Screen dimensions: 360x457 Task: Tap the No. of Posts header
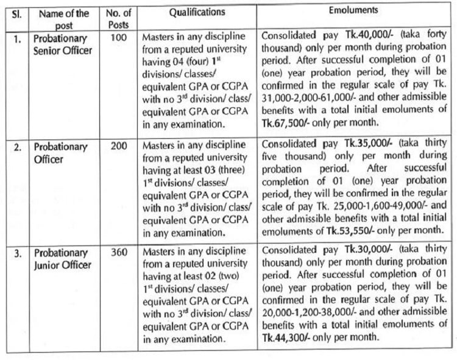point(119,18)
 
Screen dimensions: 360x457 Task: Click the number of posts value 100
point(119,37)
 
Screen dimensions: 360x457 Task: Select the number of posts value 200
point(119,147)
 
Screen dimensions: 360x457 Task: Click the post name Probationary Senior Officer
point(63,43)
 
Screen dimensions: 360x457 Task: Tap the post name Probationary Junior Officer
point(62,258)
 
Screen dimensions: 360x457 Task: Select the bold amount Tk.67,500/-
point(283,122)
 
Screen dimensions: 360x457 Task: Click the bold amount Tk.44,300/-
point(283,337)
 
